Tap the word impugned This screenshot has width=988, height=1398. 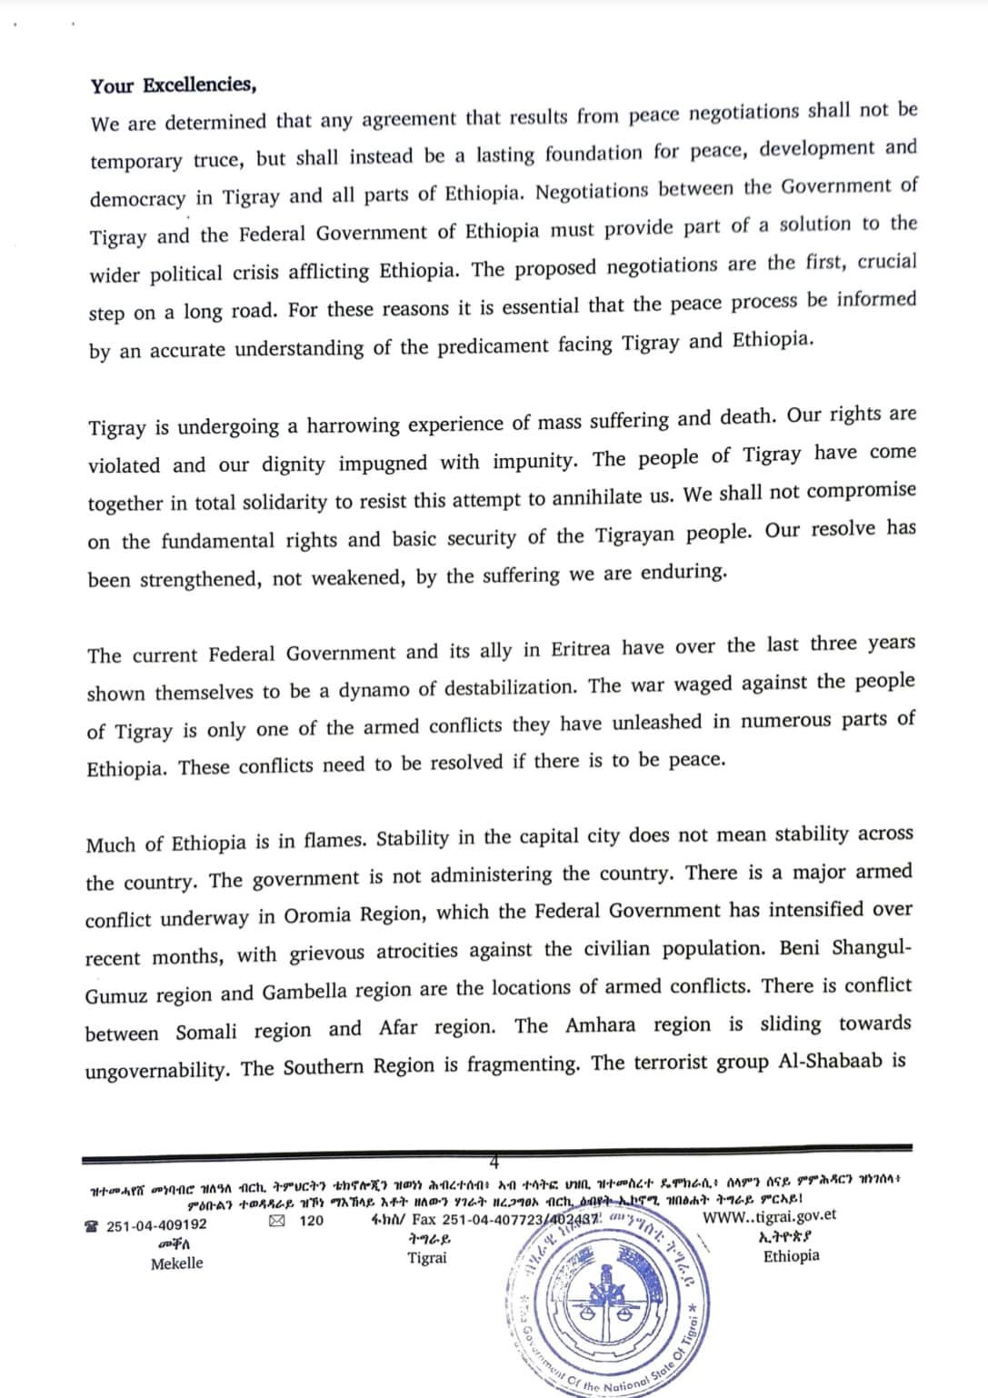pyautogui.click(x=383, y=463)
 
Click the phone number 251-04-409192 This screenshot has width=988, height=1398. pyautogui.click(x=156, y=1225)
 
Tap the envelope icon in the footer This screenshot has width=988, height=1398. pyautogui.click(x=276, y=1221)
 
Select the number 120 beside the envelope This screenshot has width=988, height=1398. pyautogui.click(x=311, y=1221)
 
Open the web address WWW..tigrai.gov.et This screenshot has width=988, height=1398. pyautogui.click(x=769, y=1215)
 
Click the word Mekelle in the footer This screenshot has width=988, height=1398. pyautogui.click(x=176, y=1263)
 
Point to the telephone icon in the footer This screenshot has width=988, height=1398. pyautogui.click(x=94, y=1226)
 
